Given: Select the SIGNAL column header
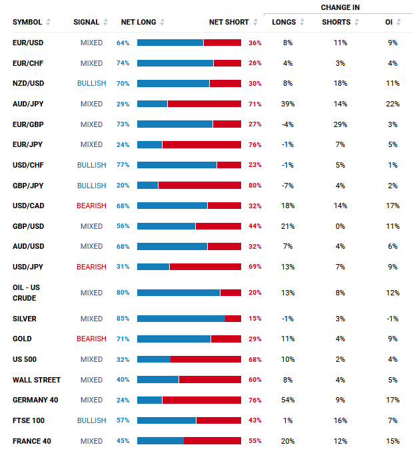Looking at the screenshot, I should tap(86, 22).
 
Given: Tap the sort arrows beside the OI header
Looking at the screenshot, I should tap(399, 22).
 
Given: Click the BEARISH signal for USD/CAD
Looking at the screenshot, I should tap(91, 206).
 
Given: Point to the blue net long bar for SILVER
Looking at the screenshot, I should tap(181, 319).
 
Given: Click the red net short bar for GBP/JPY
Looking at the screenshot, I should tap(199, 186).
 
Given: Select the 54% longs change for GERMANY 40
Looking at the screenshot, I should tap(287, 400).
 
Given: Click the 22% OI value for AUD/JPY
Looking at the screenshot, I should tap(392, 104).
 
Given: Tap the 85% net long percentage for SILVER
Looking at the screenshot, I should tap(123, 319).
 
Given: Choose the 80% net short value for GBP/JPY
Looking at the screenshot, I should tap(254, 186).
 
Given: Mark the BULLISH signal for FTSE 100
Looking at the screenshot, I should tap(91, 420).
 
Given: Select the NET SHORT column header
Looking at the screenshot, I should tap(228, 22).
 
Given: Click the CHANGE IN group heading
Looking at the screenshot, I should tap(340, 7).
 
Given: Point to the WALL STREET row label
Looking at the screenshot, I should tap(37, 380).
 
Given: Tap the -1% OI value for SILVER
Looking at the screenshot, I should tap(392, 319).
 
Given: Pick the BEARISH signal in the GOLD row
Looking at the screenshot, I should tap(91, 339).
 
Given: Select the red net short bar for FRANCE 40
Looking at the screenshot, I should tap(212, 441).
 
